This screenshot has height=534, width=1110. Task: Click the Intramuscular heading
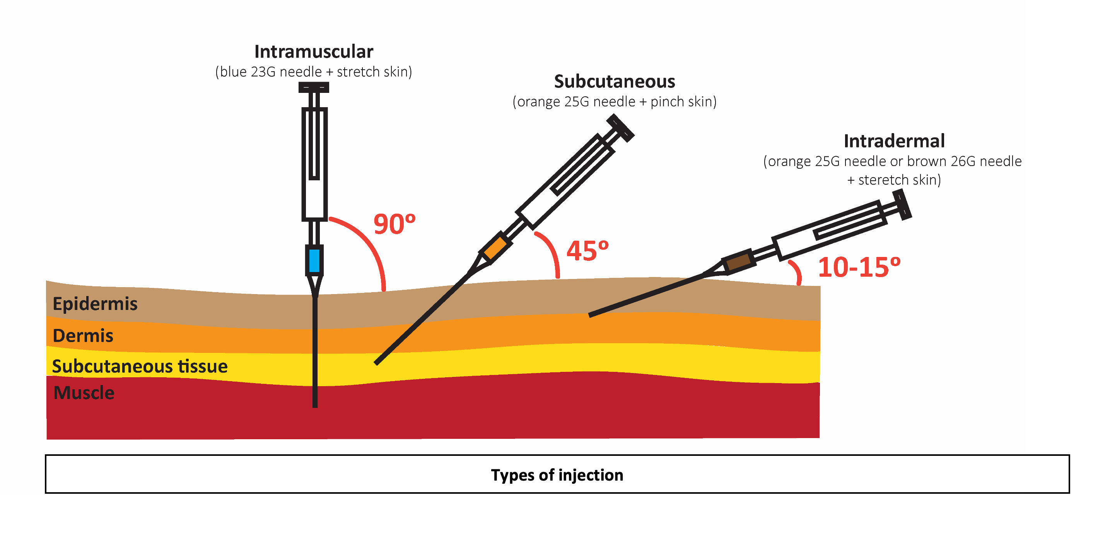[313, 52]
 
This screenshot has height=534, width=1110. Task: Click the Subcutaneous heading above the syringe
[614, 82]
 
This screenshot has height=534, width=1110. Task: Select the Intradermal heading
[894, 141]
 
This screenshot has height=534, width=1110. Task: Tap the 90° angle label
[394, 224]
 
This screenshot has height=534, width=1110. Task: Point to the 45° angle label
[587, 251]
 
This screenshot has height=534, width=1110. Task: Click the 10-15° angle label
[859, 267]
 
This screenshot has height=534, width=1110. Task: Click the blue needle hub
[314, 260]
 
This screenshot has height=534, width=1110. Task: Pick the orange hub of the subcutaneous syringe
[495, 247]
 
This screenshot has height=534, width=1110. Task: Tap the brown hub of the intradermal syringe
[738, 261]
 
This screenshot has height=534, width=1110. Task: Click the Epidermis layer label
[95, 304]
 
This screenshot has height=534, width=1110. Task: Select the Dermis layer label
[83, 336]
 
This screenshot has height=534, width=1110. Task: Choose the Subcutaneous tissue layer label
[140, 366]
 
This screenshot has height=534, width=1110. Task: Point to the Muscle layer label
[84, 393]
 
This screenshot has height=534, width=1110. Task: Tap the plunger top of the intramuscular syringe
[314, 87]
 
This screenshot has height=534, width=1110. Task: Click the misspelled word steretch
[883, 180]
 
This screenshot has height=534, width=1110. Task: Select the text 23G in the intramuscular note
[263, 72]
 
